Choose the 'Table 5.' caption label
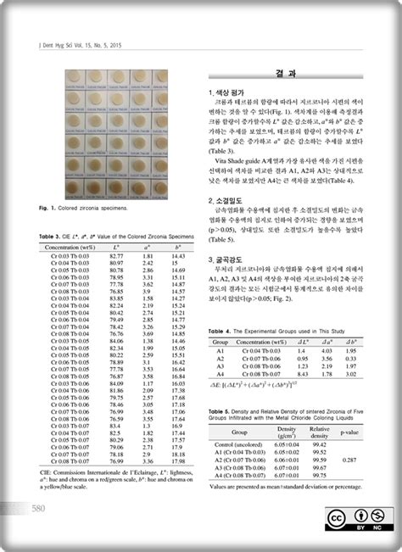[220, 410]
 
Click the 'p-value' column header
[349, 432]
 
